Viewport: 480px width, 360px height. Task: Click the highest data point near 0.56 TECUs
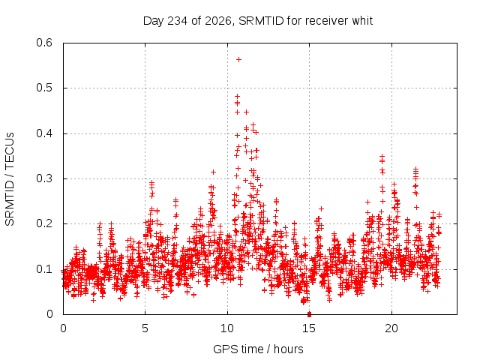(238, 59)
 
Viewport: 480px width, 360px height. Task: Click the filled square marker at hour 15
(309, 314)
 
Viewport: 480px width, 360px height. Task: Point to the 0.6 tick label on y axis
(44, 43)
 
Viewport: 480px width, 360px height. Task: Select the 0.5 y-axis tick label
(44, 88)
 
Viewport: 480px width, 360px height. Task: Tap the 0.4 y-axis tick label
(44, 133)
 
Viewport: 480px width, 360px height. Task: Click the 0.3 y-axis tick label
(44, 178)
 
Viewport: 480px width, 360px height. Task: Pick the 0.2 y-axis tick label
(44, 223)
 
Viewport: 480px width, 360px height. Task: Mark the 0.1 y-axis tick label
(44, 269)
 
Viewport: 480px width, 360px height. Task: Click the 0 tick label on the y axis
(49, 314)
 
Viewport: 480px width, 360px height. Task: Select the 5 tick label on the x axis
(145, 328)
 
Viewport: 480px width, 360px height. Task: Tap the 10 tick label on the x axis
(227, 328)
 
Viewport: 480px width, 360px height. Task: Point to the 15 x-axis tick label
(309, 328)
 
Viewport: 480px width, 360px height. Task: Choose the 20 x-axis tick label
(391, 328)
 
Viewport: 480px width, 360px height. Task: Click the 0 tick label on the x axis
(63, 328)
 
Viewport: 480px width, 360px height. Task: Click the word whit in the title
(362, 21)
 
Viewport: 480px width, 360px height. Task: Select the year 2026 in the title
(218, 21)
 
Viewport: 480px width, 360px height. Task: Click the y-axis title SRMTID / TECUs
(10, 179)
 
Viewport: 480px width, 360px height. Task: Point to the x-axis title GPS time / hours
(258, 349)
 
